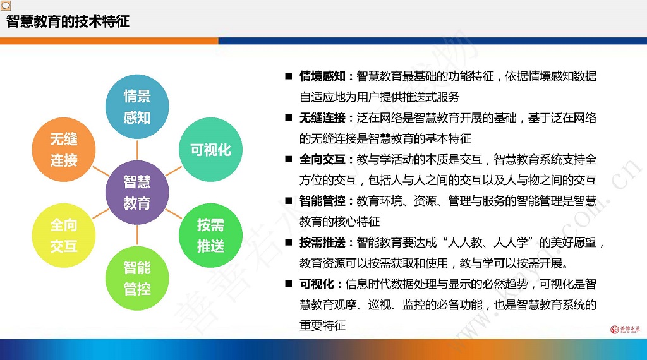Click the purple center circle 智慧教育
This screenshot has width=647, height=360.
(x=137, y=193)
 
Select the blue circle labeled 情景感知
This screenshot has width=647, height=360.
(x=137, y=107)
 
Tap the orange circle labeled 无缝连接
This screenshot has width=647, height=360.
(x=64, y=150)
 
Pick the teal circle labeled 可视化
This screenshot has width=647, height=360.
(x=210, y=150)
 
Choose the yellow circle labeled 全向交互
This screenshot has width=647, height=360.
(x=64, y=236)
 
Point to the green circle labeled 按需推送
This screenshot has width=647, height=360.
(x=210, y=236)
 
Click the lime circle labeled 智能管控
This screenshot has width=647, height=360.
(x=137, y=279)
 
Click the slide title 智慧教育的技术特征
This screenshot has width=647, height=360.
(x=68, y=21)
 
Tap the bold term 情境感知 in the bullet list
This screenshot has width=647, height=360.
(x=322, y=76)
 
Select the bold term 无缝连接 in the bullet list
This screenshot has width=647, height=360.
(x=322, y=118)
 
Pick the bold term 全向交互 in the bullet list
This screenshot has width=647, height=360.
(x=322, y=160)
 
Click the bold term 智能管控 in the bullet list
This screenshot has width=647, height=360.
(x=322, y=201)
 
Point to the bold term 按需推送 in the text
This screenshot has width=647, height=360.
(x=322, y=243)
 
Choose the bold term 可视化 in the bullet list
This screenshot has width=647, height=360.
(x=317, y=284)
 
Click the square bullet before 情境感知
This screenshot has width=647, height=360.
(x=288, y=76)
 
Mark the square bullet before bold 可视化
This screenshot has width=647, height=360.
(x=288, y=284)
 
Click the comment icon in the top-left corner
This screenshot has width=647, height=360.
(x=5, y=6)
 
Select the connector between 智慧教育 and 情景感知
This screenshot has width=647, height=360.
(x=137, y=150)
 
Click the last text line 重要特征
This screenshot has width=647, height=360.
(x=322, y=326)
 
